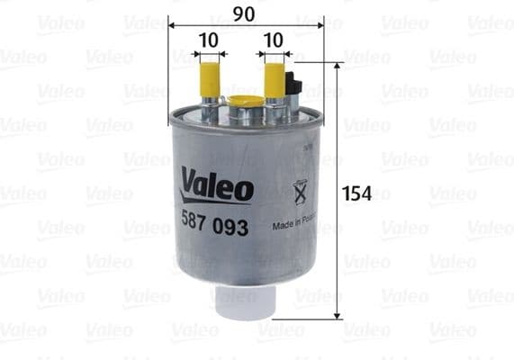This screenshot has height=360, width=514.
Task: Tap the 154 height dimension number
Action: click(x=357, y=193)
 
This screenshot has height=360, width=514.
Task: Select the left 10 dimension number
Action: click(x=209, y=40)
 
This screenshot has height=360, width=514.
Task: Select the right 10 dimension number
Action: click(x=275, y=40)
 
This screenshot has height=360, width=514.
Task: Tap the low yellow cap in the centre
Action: click(x=241, y=101)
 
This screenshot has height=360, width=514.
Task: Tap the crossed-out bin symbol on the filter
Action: click(x=301, y=192)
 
